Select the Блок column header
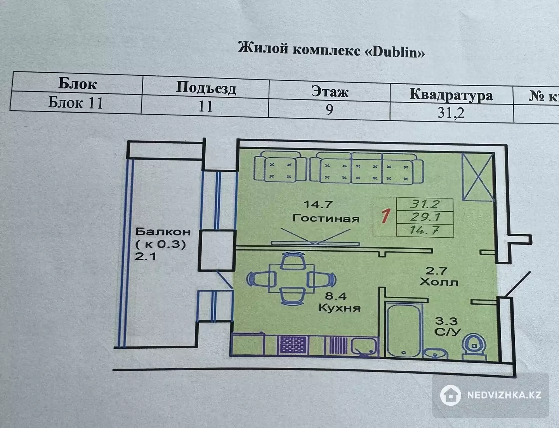78,83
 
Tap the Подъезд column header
206,87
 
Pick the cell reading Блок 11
76,103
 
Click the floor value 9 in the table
329,110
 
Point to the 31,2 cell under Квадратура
451,113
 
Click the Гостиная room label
326,218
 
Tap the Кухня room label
339,308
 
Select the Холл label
439,282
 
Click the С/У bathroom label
447,332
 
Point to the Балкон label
163,232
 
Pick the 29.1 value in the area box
425,217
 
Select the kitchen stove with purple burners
293,344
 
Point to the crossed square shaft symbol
477,176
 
